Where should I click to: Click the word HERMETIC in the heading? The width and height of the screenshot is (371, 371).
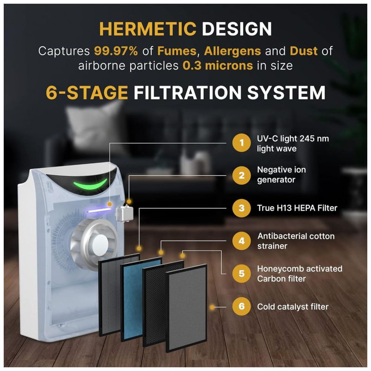point(148,29)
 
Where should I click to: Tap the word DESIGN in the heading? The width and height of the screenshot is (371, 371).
point(237,29)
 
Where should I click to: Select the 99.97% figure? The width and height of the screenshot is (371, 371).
point(116,51)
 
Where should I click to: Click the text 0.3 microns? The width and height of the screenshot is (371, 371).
point(217,65)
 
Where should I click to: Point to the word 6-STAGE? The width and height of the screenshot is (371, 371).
point(87,92)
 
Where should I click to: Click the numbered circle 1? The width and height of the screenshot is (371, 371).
point(241,143)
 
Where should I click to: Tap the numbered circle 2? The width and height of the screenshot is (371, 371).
point(241,175)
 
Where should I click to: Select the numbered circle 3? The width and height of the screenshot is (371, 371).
point(241,208)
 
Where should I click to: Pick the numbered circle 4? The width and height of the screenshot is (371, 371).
point(241,241)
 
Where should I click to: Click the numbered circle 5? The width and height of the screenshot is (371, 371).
point(241,274)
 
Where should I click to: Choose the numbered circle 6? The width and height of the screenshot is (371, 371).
point(241,307)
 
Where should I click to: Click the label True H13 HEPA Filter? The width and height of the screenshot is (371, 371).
point(297,208)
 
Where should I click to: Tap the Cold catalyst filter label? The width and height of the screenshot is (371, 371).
point(293,307)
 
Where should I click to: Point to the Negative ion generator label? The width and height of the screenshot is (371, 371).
point(281,175)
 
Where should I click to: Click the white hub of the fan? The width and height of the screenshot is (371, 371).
point(100,245)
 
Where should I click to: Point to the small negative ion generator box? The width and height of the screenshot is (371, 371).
point(125,213)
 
